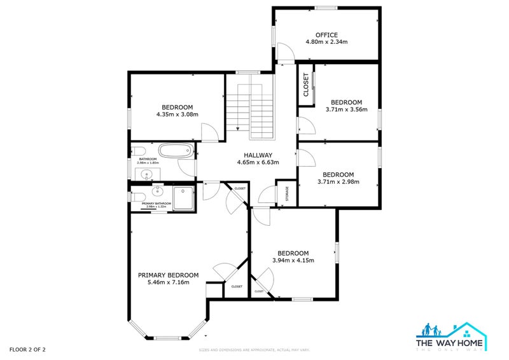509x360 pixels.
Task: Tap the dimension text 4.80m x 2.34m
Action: [326, 43]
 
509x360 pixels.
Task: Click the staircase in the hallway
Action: [251, 112]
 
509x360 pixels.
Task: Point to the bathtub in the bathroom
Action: [175, 151]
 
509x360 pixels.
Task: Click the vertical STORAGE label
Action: [287, 193]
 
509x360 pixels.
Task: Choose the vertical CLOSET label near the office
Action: [306, 85]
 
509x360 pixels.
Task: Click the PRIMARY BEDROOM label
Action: [168, 275]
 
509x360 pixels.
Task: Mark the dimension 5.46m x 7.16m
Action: [168, 283]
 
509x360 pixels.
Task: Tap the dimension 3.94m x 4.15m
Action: [293, 260]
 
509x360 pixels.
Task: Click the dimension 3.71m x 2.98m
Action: [338, 182]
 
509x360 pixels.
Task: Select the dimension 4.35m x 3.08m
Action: [177, 114]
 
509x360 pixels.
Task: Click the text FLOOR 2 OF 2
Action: [27, 349]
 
